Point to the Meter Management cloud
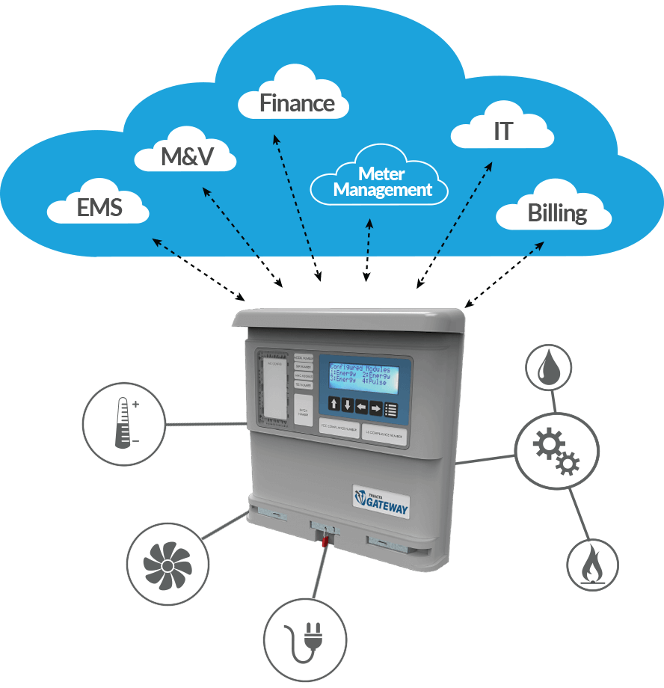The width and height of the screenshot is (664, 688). click(381, 182)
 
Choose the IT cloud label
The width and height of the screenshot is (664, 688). click(502, 132)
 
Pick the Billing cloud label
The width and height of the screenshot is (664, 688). click(556, 212)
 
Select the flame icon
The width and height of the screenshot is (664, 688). click(592, 562)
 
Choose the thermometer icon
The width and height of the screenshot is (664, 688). click(124, 425)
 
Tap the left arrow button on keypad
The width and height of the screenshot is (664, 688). click(361, 407)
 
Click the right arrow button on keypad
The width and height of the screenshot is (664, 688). click(375, 407)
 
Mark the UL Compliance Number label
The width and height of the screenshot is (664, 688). click(384, 434)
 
